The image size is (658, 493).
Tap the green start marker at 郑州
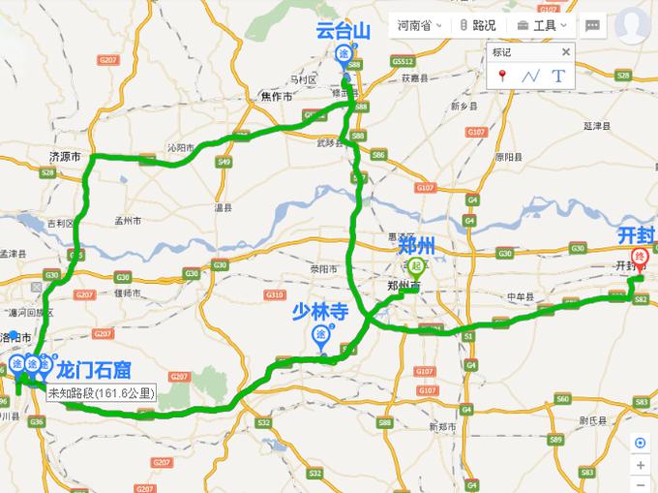tap(416, 265)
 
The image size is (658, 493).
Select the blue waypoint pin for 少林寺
tap(320, 335)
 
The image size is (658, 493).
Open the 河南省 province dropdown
tap(419, 25)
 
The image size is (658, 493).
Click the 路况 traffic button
tap(478, 25)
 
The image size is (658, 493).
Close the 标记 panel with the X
tap(566, 52)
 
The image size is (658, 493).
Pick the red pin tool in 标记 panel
tap(502, 76)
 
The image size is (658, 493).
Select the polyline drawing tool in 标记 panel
tap(529, 76)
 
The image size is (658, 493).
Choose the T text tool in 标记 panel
tap(557, 76)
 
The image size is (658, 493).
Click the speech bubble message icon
tap(592, 25)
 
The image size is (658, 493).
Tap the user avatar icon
tap(632, 24)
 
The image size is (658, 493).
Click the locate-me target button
tap(640, 443)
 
